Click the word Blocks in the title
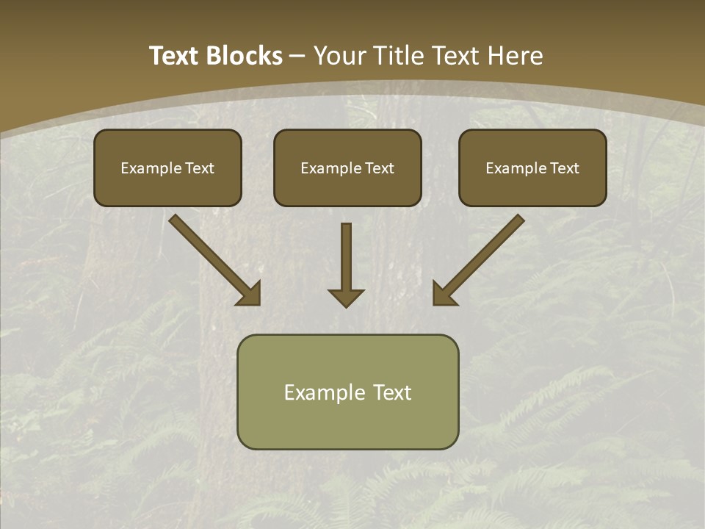click(x=245, y=56)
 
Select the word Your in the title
click(x=339, y=56)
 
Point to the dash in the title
click(x=298, y=57)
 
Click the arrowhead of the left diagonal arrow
click(x=250, y=294)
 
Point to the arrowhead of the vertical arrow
click(x=346, y=297)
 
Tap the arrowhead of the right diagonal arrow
click(x=444, y=294)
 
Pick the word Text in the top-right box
click(x=565, y=168)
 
